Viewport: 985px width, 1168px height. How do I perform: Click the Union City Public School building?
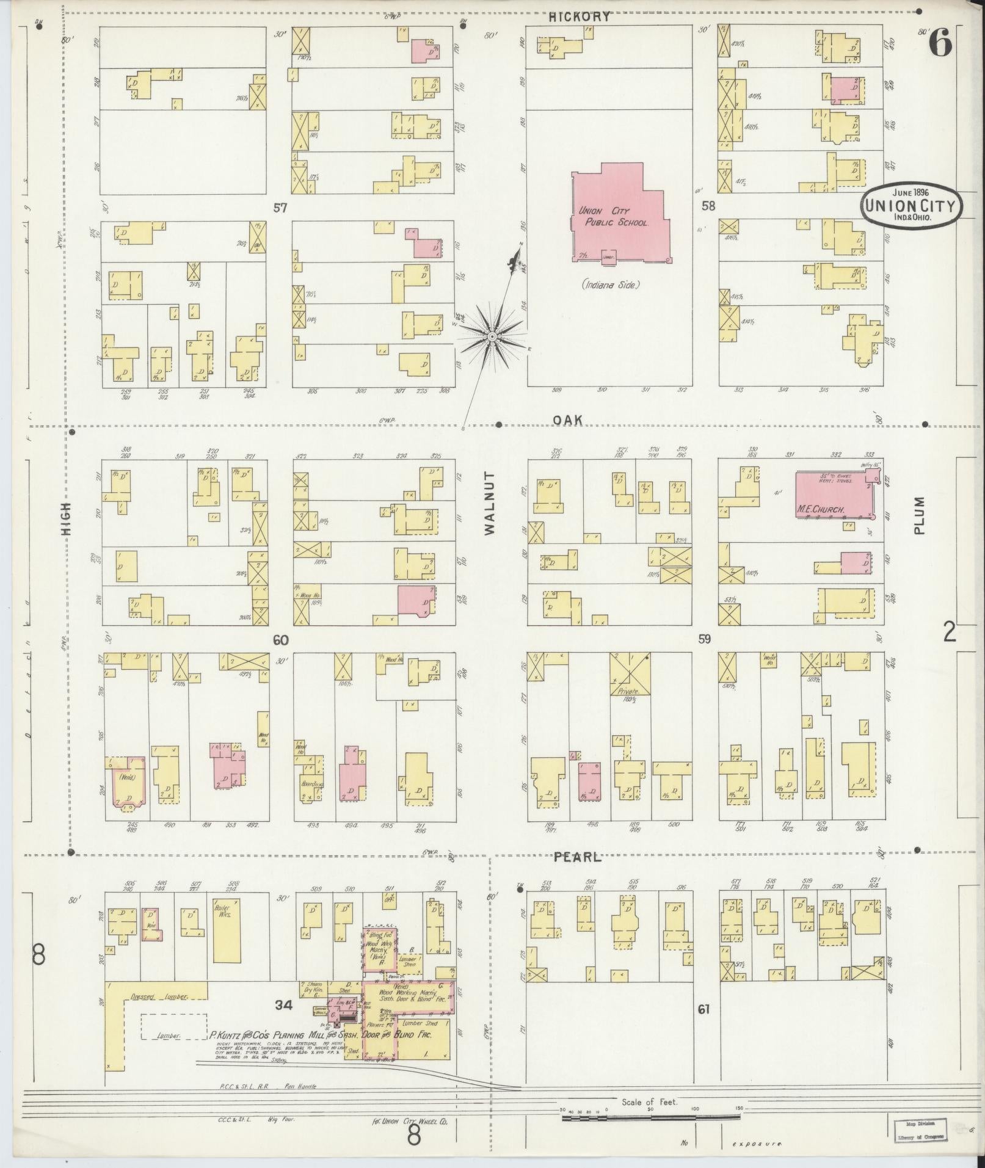pos(617,220)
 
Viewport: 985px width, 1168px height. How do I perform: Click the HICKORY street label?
pos(579,17)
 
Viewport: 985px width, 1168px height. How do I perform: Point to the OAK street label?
pos(568,420)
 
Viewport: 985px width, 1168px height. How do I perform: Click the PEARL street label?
pos(578,857)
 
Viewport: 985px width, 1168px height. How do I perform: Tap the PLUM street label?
pos(920,515)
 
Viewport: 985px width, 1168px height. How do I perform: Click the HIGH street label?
pos(65,518)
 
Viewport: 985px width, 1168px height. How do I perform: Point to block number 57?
pos(280,208)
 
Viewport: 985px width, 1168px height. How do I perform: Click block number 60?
pos(280,640)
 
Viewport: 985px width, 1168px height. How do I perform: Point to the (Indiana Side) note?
pos(611,284)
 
